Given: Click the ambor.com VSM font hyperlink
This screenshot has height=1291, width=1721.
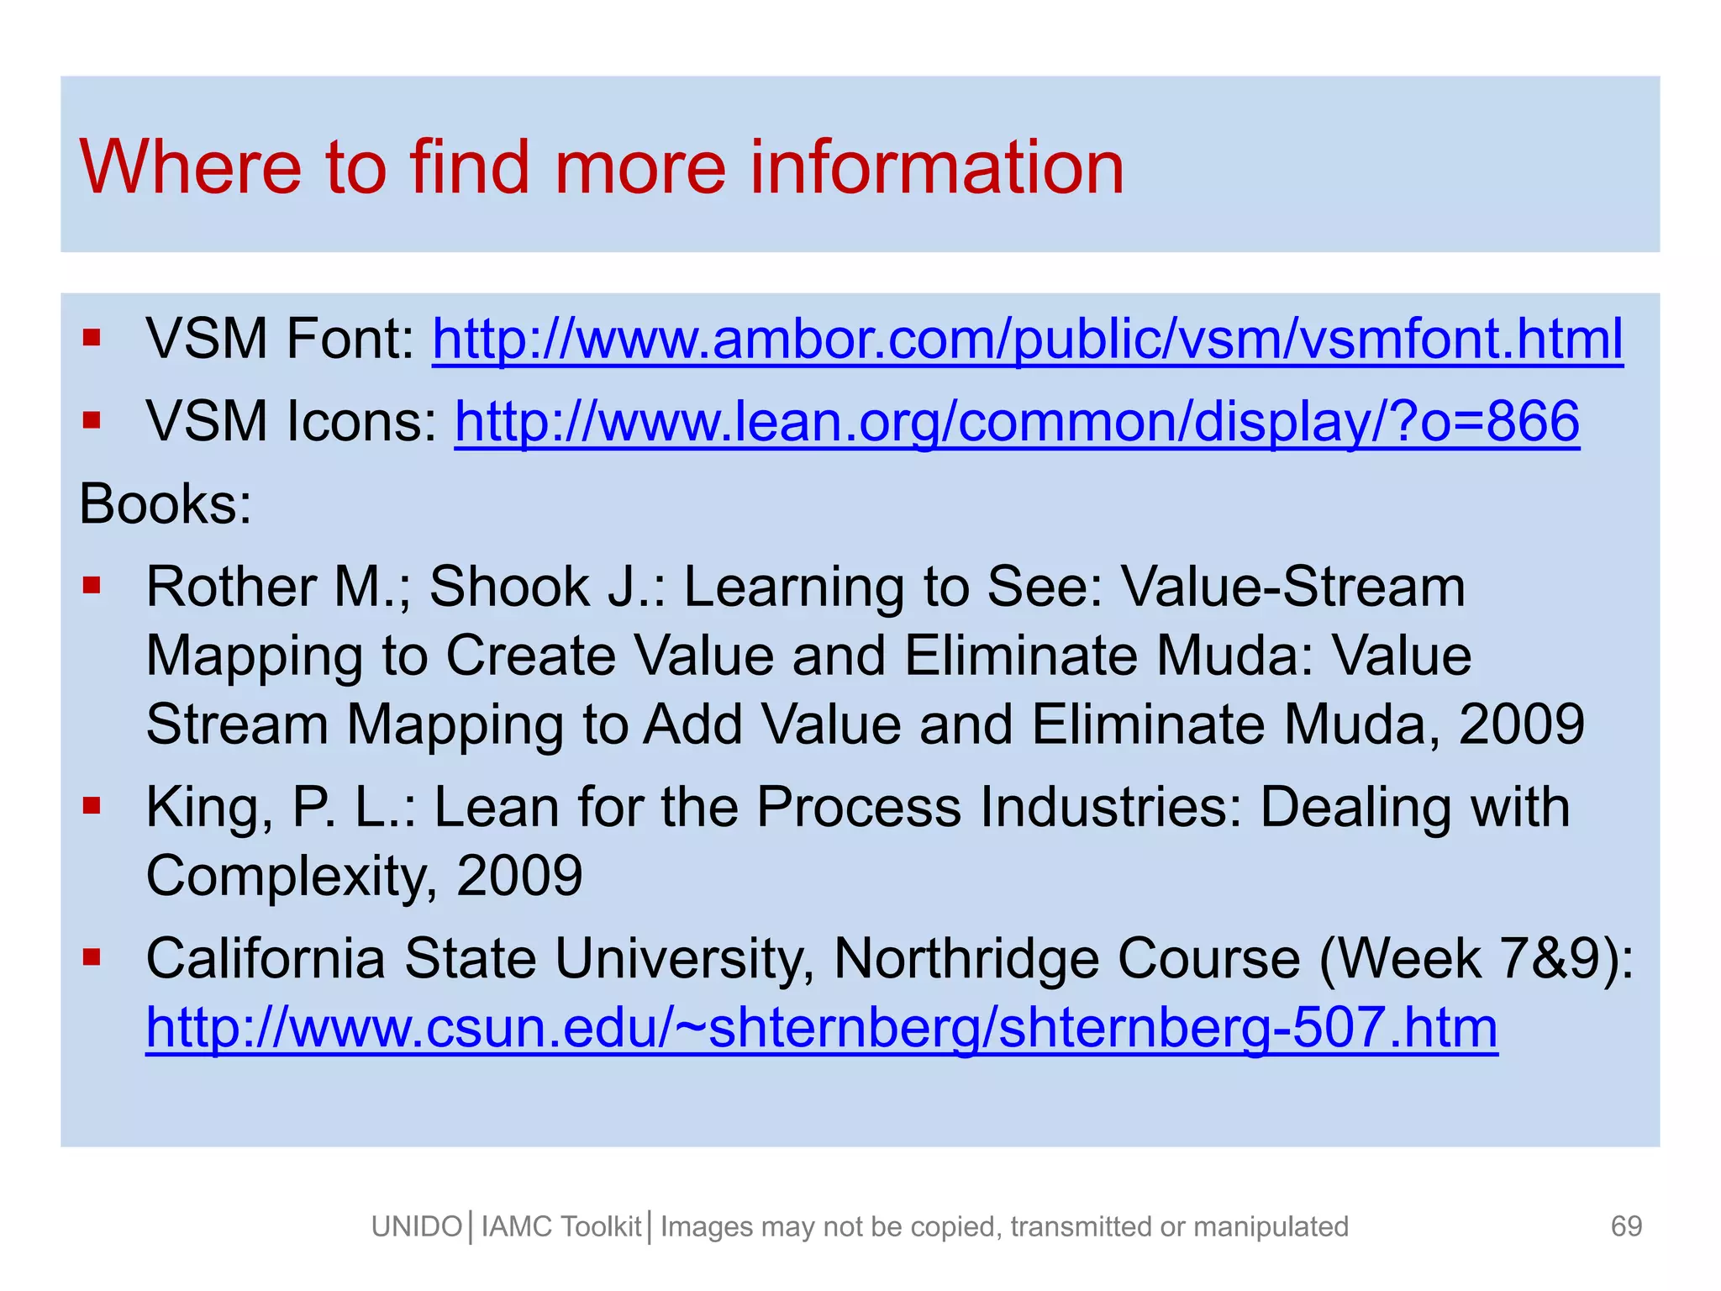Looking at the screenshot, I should (1027, 340).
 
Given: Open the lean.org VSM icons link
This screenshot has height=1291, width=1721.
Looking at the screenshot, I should (1017, 421).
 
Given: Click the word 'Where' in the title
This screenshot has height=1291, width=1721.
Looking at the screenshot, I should (190, 167).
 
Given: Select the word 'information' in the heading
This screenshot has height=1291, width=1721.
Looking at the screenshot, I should (936, 167).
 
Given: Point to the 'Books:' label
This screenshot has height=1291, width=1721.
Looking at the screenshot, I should (166, 504).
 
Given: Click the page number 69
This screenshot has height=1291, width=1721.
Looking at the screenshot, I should (1626, 1226).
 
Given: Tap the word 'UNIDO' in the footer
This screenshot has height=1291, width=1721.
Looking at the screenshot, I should (417, 1227).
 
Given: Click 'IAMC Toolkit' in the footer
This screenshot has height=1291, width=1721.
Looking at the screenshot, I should (561, 1227).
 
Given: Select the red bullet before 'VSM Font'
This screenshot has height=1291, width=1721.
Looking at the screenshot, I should (92, 339).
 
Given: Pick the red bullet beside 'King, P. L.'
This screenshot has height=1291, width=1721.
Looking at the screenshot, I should (92, 806).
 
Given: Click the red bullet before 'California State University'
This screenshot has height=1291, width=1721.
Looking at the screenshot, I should (92, 956).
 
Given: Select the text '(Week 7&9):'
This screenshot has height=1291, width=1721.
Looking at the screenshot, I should (1476, 958).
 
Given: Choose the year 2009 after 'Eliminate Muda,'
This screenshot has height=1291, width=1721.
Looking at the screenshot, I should (1521, 725).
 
